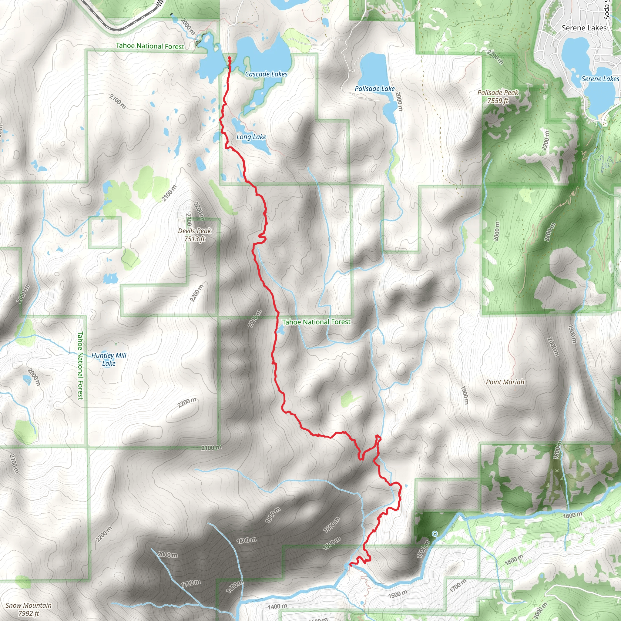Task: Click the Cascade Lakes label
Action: (266, 74)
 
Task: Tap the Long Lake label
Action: (251, 137)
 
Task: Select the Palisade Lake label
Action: (374, 89)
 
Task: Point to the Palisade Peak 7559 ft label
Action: (498, 97)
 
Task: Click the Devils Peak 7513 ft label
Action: (194, 235)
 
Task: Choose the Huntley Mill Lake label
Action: (109, 359)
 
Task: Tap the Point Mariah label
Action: (505, 382)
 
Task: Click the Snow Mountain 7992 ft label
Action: (29, 609)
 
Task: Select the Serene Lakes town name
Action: (584, 28)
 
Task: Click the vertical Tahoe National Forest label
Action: (80, 365)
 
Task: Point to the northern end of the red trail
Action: (230, 58)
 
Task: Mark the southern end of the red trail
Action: (350, 564)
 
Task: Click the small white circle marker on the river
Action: (435, 534)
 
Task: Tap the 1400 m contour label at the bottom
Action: (277, 606)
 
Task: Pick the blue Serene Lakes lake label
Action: (600, 79)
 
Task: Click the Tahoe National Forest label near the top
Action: (150, 46)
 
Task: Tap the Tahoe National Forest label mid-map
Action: (316, 322)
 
